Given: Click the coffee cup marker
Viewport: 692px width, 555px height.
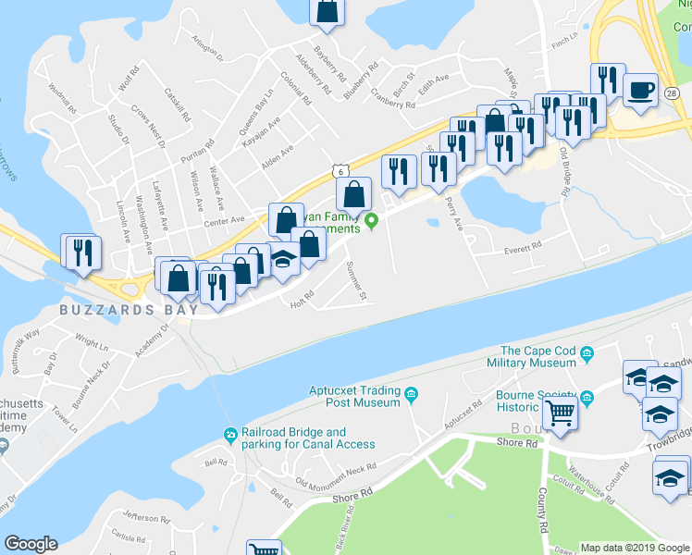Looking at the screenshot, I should point(640,91).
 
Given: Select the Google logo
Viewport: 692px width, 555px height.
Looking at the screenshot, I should point(31,544).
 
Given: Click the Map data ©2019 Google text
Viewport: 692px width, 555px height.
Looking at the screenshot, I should point(634,548).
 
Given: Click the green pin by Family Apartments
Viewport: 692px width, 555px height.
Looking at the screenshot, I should point(372,220).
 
